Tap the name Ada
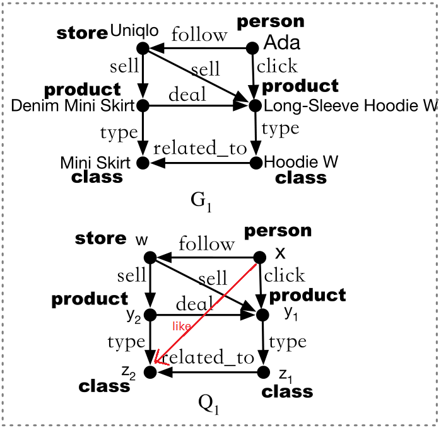pyautogui.click(x=281, y=43)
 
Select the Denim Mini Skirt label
pyautogui.click(x=73, y=106)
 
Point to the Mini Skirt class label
pyautogui.click(x=95, y=163)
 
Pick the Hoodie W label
pyautogui.click(x=301, y=162)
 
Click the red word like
pyautogui.click(x=181, y=327)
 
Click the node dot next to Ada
pyautogui.click(x=254, y=47)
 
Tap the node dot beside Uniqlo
pyautogui.click(x=143, y=48)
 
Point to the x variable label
pyautogui.click(x=281, y=253)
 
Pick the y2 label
pyautogui.click(x=133, y=314)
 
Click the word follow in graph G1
pyautogui.click(x=199, y=35)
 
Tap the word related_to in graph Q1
pyautogui.click(x=208, y=357)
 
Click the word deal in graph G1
pyautogui.click(x=187, y=95)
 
